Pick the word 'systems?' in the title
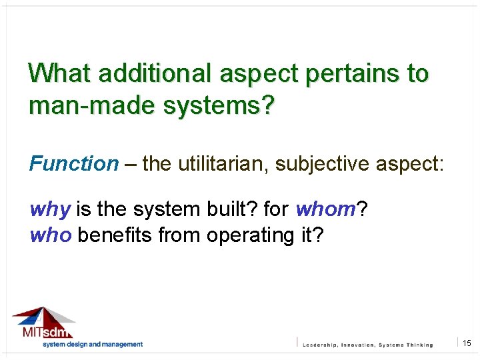(211, 105)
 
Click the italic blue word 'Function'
(73, 163)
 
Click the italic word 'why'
(50, 210)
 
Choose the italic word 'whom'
(326, 210)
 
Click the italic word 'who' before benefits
(51, 235)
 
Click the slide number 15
(467, 343)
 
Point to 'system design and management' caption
(93, 344)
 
